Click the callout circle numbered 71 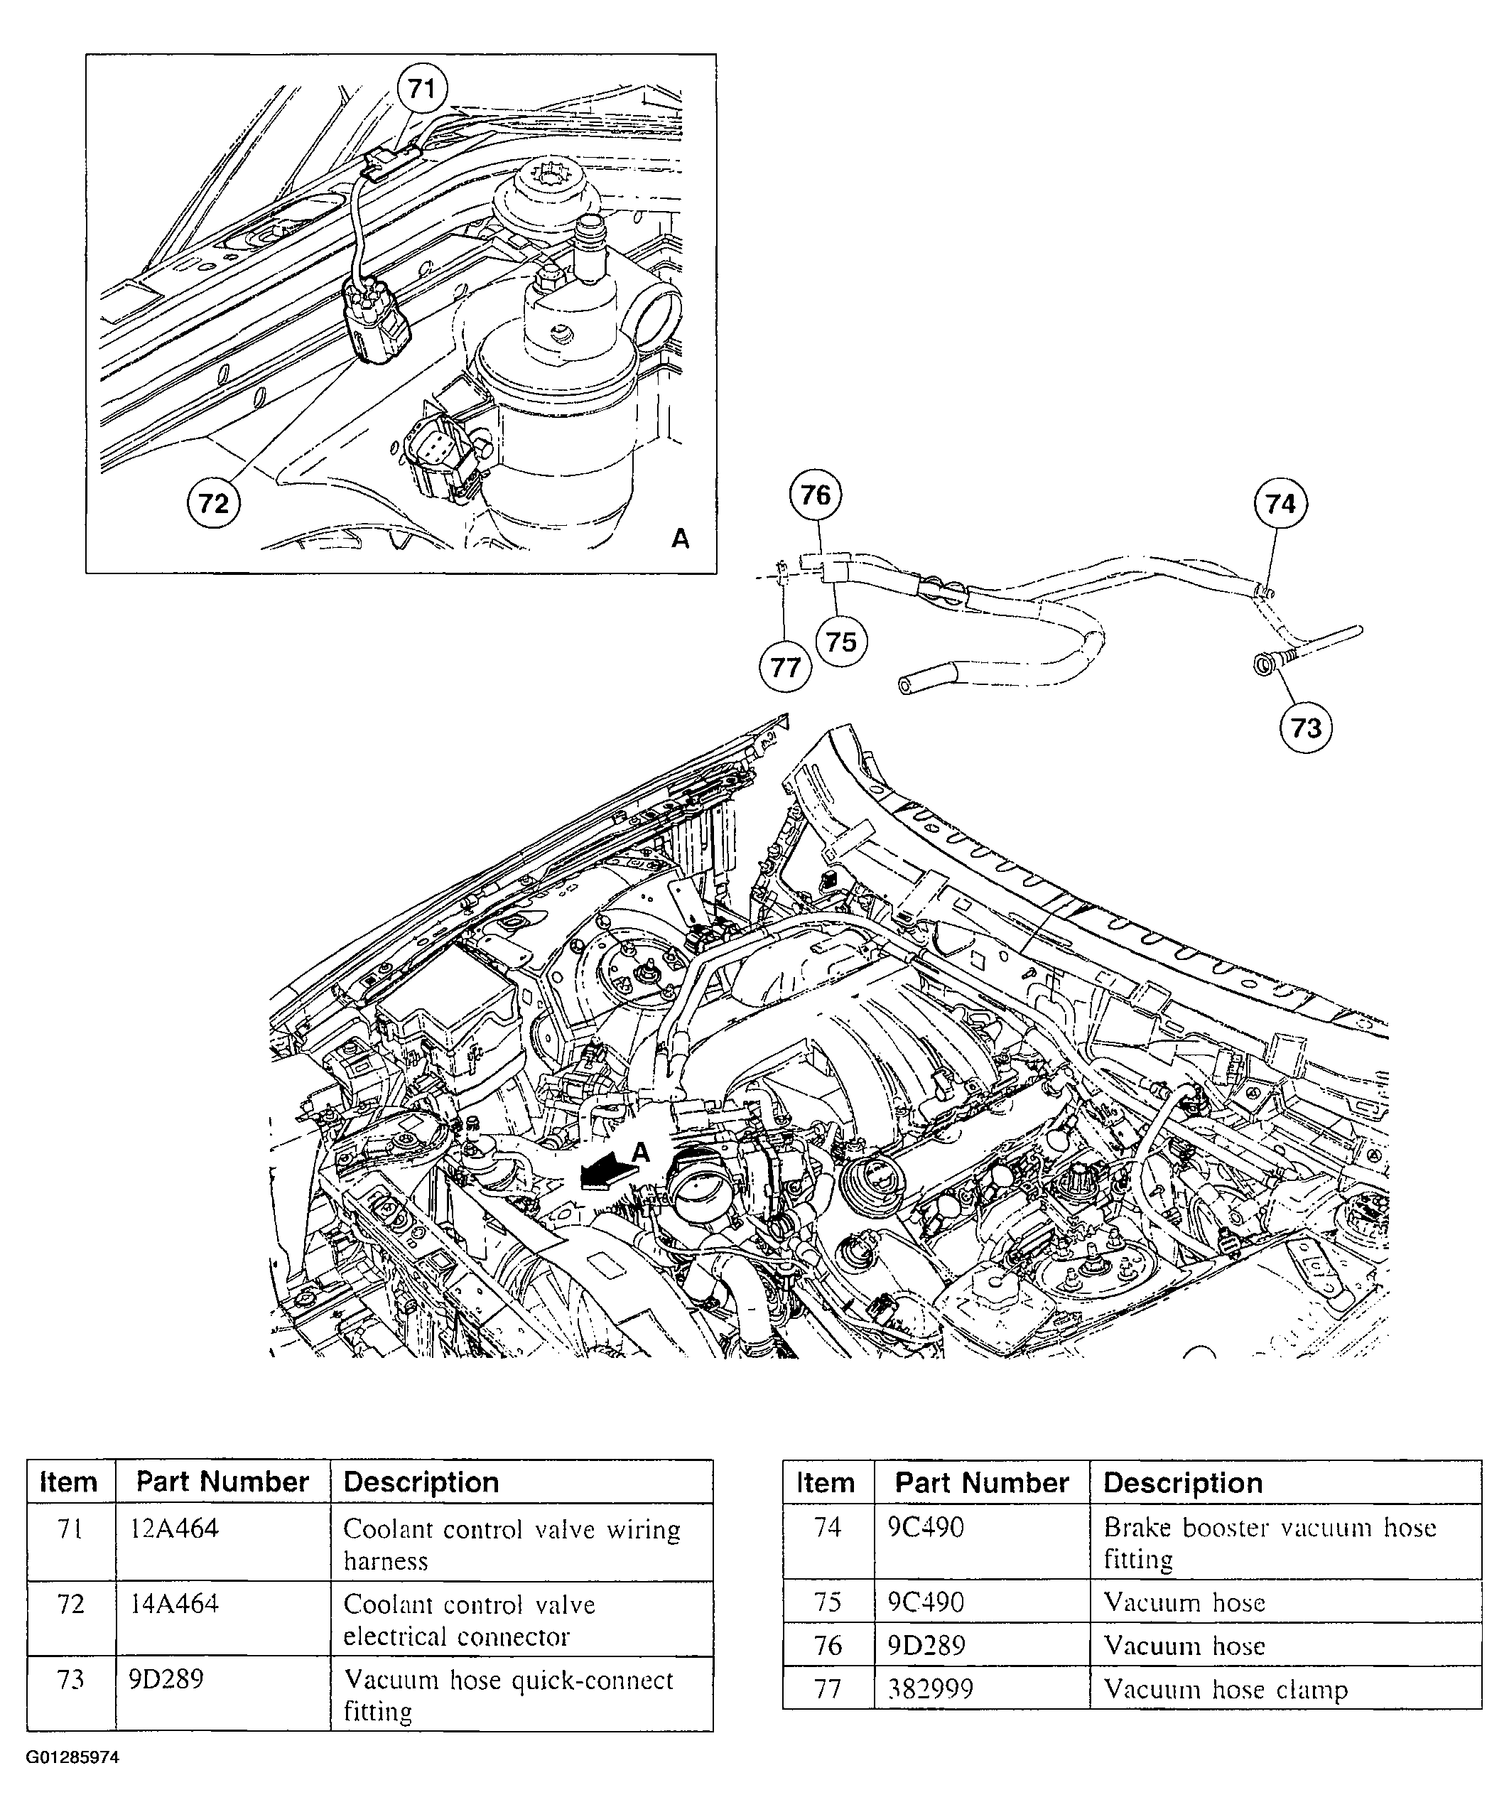421,89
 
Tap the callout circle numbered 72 214,502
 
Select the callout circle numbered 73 1306,728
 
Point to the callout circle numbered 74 1280,504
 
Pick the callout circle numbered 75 841,642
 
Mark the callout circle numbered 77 785,668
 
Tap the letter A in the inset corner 680,539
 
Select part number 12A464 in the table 174,1529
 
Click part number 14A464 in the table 174,1604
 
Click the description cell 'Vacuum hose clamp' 1226,1690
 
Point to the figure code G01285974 72,1758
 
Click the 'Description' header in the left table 421,1482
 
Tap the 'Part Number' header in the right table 981,1483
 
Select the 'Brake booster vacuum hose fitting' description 1270,1543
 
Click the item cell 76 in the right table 828,1645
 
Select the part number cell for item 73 166,1679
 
